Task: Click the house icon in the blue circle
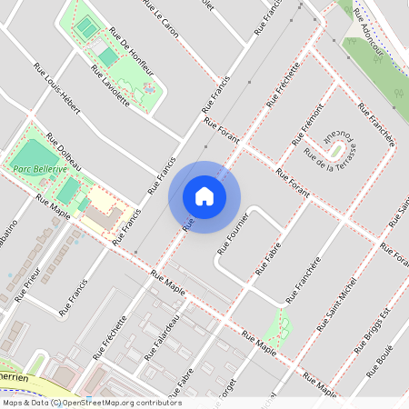204,195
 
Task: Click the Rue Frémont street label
307,130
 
